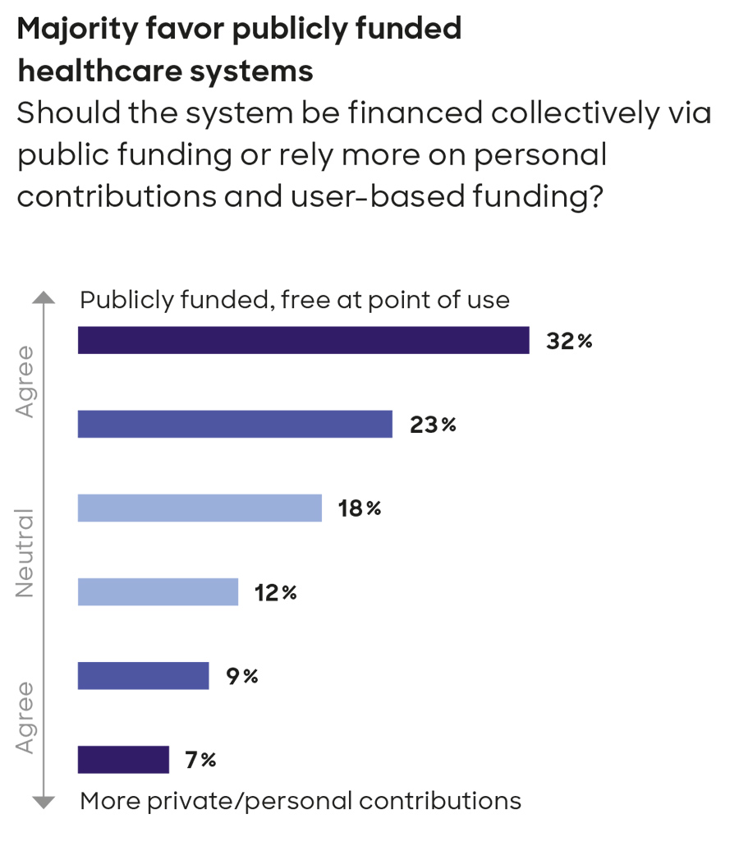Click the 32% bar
[303, 340]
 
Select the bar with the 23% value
[235, 424]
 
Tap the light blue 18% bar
[200, 508]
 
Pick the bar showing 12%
[158, 591]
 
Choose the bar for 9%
[143, 675]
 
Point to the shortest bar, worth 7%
[123, 759]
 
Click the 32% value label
[569, 341]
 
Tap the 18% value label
[360, 508]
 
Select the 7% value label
[200, 760]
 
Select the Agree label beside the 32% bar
[26, 381]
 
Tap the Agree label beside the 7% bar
[26, 716]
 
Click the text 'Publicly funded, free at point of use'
[295, 300]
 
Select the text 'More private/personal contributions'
[301, 800]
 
